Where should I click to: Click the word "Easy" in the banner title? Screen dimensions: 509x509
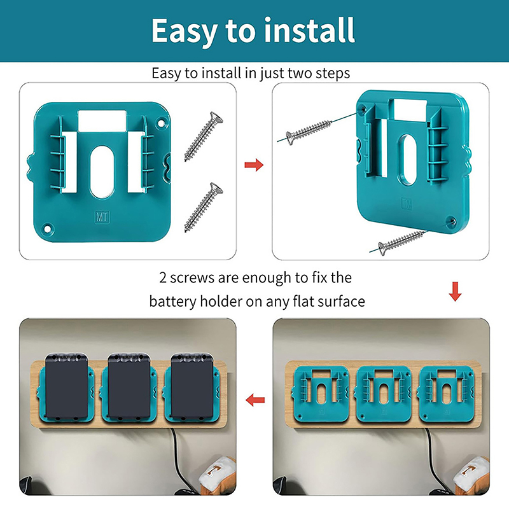click(x=184, y=31)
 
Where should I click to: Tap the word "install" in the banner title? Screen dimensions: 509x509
click(x=309, y=30)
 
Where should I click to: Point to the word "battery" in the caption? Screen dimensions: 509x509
click(x=173, y=302)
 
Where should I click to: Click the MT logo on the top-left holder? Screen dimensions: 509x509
click(x=102, y=217)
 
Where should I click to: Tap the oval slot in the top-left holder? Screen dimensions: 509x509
click(x=102, y=172)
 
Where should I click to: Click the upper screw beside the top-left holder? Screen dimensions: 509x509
click(x=204, y=136)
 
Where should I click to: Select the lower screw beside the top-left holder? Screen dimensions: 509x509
click(x=204, y=207)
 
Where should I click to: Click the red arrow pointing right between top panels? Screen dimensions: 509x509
click(x=254, y=165)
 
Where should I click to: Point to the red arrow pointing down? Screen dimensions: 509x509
click(x=455, y=291)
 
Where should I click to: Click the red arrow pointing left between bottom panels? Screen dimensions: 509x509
click(x=255, y=400)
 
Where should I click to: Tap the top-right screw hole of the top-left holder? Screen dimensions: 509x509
click(x=161, y=123)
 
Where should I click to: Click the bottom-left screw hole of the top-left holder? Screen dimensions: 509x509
click(x=47, y=229)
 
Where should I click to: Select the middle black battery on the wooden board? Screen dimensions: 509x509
click(x=129, y=386)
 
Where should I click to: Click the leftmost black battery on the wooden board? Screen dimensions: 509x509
click(x=67, y=386)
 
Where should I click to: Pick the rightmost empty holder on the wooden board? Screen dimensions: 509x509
click(x=447, y=394)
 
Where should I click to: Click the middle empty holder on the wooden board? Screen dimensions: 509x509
click(x=384, y=394)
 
